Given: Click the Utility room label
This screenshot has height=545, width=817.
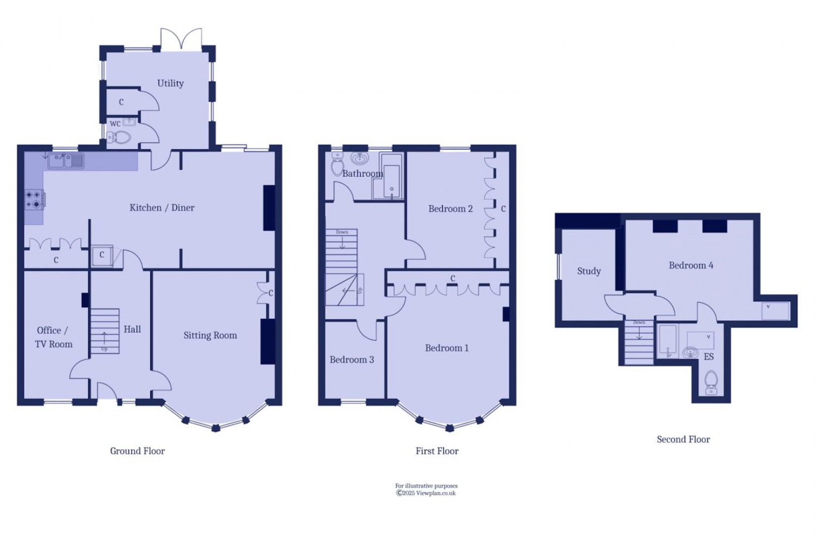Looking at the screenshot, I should [170, 83].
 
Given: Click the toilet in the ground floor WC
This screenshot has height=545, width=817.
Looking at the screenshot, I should [120, 137].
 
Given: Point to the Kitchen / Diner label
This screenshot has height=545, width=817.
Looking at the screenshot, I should [161, 207].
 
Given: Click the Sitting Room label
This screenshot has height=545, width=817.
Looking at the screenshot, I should [210, 335].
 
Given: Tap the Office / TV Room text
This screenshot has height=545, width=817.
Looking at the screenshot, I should [53, 337].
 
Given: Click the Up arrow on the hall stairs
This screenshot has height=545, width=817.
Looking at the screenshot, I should [104, 337].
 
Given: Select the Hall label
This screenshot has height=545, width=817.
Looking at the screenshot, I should [132, 329].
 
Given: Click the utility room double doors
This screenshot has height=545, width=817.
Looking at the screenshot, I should [181, 39].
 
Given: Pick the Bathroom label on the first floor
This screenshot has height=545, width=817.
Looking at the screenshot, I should [363, 174].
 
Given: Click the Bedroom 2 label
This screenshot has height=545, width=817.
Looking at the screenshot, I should [450, 208].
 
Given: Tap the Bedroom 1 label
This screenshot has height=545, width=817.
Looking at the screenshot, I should [446, 348].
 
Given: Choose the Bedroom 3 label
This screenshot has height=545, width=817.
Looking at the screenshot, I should [352, 359].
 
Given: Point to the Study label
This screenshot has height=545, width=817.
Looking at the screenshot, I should [589, 271].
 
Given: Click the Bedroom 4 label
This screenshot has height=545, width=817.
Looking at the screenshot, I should [690, 265].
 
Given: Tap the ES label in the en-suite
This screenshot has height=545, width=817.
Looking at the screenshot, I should [709, 357].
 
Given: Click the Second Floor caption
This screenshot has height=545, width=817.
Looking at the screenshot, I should [683, 439].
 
